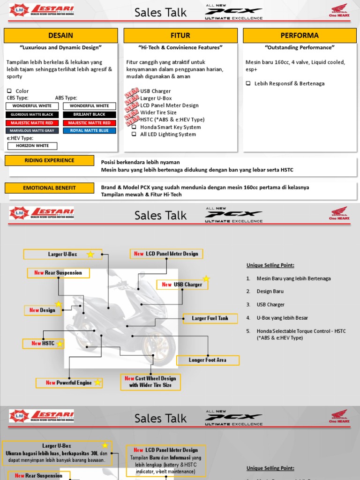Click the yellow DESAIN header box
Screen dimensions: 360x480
[61, 36]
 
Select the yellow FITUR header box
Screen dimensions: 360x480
[180, 36]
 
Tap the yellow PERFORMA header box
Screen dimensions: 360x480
[299, 36]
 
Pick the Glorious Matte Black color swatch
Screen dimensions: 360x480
[32, 114]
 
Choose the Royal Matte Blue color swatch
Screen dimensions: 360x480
[89, 131]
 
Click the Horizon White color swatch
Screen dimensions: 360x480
[32, 146]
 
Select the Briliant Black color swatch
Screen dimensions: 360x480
[89, 114]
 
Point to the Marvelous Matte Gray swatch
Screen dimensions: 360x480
[32, 131]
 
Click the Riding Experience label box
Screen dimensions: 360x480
[49, 160]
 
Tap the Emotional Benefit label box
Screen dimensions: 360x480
[49, 188]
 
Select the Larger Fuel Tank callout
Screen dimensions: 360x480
[210, 319]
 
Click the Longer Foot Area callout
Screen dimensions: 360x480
[208, 360]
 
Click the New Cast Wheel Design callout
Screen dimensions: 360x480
[150, 382]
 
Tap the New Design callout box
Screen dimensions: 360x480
[43, 310]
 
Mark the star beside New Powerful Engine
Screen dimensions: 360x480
[97, 382]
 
